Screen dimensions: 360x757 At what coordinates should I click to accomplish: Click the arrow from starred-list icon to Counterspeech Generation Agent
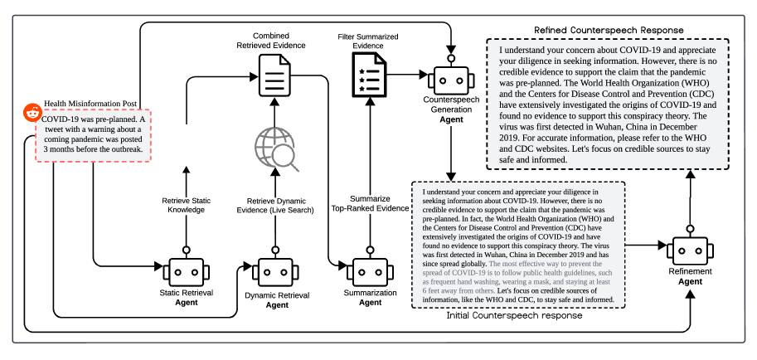pyautogui.click(x=406, y=76)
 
